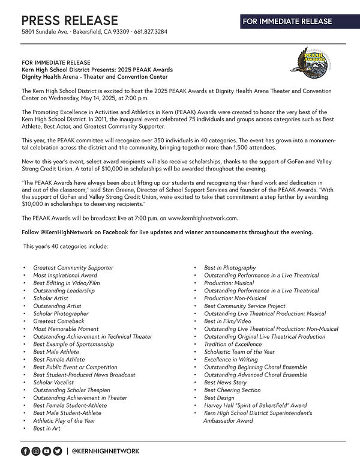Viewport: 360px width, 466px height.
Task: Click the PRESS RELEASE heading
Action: (x=70, y=20)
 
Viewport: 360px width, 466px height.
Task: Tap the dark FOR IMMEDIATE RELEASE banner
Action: (x=287, y=22)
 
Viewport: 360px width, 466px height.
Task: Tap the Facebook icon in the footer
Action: (x=25, y=450)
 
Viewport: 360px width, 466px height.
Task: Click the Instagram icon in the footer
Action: (x=36, y=450)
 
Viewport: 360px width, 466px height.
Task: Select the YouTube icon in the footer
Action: (x=47, y=450)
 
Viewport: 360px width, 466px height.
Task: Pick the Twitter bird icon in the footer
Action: (x=58, y=450)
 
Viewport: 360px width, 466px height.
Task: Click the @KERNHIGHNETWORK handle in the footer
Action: (x=106, y=450)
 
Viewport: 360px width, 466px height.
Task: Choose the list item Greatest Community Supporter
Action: (x=73, y=267)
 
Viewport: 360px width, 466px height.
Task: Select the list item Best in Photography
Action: (x=230, y=267)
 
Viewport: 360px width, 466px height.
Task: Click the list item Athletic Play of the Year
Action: (x=64, y=421)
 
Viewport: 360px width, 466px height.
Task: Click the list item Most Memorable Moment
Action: (x=66, y=329)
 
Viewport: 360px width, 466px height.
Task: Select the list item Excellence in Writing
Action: (x=231, y=360)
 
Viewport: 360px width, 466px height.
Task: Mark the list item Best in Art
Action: (x=47, y=429)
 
